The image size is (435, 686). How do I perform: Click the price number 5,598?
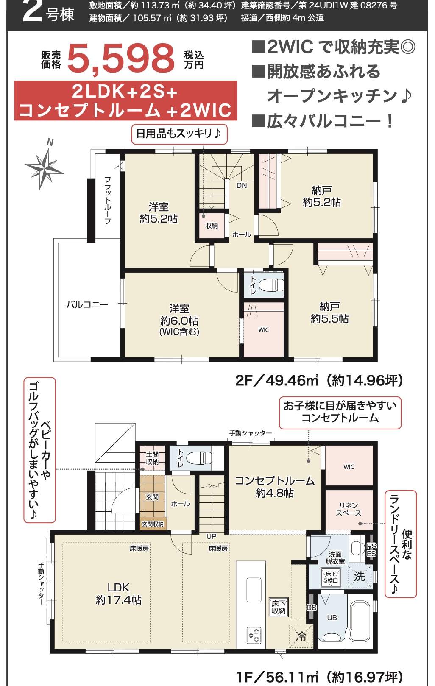tap(121, 59)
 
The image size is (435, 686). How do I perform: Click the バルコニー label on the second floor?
tap(87, 304)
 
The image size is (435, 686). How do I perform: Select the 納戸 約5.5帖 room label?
tap(329, 312)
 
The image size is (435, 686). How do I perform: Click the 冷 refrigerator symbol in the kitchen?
tap(301, 636)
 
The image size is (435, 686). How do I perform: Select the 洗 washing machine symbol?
tap(360, 576)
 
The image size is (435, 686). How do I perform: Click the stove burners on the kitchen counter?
tap(254, 635)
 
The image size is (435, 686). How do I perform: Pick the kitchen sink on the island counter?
tap(254, 589)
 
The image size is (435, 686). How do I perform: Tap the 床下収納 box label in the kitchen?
tap(279, 607)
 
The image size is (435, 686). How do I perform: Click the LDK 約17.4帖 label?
tap(118, 594)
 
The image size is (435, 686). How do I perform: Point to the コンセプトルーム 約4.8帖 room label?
tap(275, 486)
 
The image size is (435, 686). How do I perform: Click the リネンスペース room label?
tap(349, 509)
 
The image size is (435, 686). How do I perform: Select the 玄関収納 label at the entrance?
tap(152, 524)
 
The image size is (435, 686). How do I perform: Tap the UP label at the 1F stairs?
tap(211, 536)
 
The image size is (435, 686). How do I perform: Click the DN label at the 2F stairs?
tap(242, 185)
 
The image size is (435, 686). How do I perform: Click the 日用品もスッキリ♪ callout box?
tap(179, 134)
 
